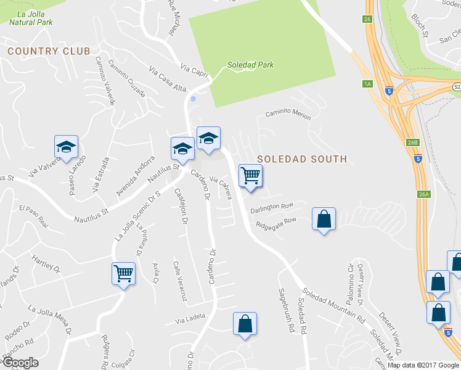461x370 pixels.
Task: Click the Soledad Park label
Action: point(250,64)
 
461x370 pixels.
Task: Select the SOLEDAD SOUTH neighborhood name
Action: point(302,158)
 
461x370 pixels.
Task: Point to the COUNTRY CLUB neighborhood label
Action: point(49,51)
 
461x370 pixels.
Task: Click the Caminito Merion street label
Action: point(288,113)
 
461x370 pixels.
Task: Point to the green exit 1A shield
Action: point(368,84)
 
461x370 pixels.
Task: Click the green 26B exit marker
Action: point(412,142)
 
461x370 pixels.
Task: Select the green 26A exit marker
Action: point(423,194)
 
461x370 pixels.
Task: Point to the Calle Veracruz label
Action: point(179,281)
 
